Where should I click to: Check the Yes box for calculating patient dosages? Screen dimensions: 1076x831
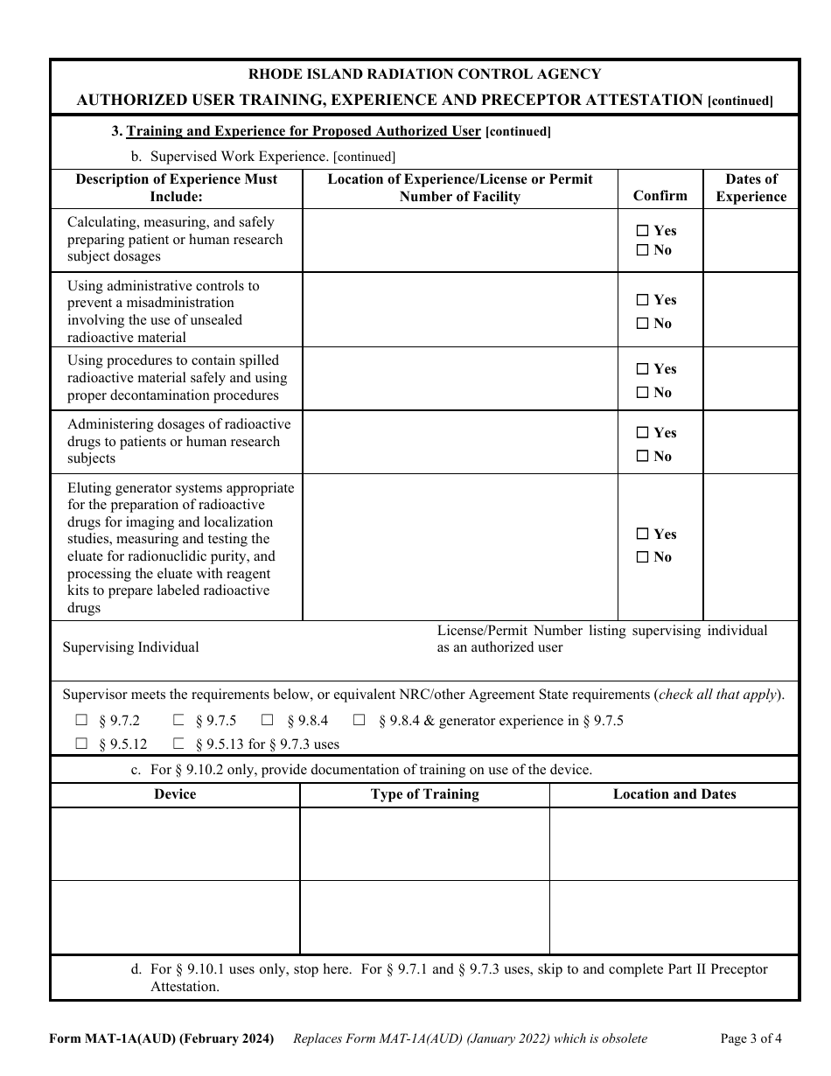(x=643, y=231)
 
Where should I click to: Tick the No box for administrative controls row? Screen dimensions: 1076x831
(x=643, y=324)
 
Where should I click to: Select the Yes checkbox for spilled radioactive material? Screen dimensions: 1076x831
(x=643, y=369)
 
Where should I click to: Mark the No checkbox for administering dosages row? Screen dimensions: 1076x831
(x=643, y=457)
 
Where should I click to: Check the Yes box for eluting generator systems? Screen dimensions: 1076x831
(x=643, y=535)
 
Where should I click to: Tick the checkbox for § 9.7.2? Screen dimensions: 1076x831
(x=82, y=721)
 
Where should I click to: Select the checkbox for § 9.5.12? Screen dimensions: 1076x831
(x=82, y=744)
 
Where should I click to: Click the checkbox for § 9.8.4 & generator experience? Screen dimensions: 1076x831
(x=360, y=721)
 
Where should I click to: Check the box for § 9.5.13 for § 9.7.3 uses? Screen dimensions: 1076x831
(x=178, y=744)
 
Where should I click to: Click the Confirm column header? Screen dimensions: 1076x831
(x=660, y=196)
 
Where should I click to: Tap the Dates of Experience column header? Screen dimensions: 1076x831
(x=751, y=188)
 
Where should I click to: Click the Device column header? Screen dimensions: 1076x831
(x=175, y=794)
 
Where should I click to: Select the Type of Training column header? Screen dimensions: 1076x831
(x=424, y=794)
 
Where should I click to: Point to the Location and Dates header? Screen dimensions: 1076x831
(x=674, y=794)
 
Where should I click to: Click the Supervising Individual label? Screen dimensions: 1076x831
(x=131, y=647)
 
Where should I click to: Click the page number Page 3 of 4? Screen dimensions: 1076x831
(x=751, y=1039)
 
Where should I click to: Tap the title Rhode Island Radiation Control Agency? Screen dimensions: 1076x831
(x=425, y=74)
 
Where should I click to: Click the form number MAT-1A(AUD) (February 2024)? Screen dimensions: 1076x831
(x=162, y=1039)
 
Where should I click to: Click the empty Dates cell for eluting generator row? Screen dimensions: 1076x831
(x=751, y=547)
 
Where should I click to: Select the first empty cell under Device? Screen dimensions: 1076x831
(x=175, y=843)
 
